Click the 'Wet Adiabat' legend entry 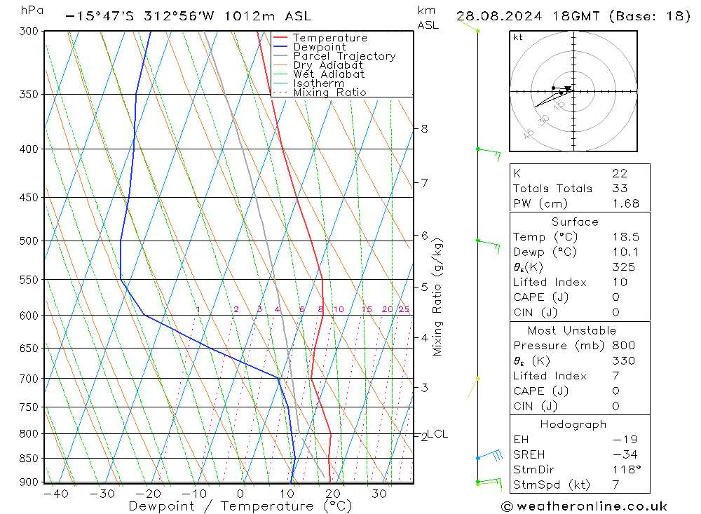(329, 74)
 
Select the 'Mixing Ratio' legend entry (329, 93)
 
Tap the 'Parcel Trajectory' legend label (344, 56)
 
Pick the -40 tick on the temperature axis (55, 494)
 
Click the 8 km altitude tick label (424, 128)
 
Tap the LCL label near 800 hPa (437, 434)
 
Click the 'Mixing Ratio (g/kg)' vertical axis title (438, 297)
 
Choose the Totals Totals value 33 (619, 188)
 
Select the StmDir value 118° (624, 470)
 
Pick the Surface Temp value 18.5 (625, 237)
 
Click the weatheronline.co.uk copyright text (584, 506)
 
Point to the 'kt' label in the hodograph (518, 37)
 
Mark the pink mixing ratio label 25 (404, 309)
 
